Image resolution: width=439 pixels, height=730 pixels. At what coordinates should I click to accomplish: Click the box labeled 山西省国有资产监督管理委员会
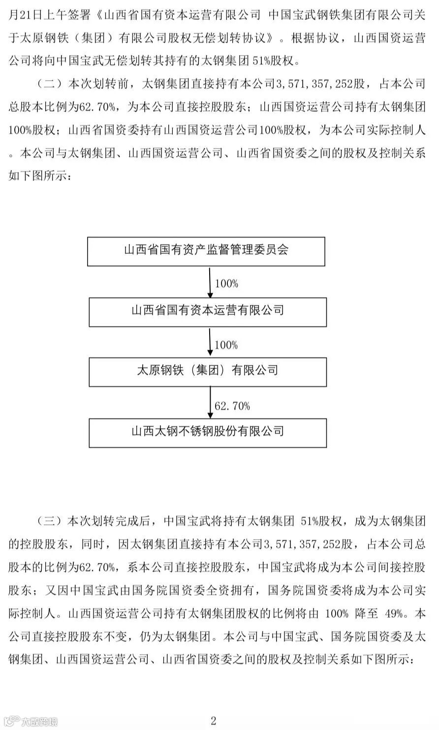pyautogui.click(x=206, y=251)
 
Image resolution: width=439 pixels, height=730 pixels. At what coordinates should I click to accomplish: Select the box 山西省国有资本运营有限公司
pyautogui.click(x=207, y=311)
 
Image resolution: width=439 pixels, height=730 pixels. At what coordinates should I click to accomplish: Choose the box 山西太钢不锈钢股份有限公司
pyautogui.click(x=207, y=432)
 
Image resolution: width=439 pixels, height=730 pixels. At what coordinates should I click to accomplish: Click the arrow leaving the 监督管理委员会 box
pyautogui.click(x=210, y=283)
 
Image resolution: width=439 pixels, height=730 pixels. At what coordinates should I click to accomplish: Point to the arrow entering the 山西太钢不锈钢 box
pyautogui.click(x=210, y=403)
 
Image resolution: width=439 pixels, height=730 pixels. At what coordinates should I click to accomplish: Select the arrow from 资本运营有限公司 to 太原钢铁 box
pyautogui.click(x=210, y=343)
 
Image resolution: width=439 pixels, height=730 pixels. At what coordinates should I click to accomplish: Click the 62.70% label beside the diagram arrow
pyautogui.click(x=232, y=406)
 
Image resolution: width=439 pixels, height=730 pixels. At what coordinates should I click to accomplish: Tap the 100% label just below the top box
pyautogui.click(x=226, y=284)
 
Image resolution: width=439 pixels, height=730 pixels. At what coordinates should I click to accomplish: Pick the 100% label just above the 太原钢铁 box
pyautogui.click(x=226, y=345)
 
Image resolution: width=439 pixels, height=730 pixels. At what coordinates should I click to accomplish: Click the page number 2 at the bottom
pyautogui.click(x=214, y=721)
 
